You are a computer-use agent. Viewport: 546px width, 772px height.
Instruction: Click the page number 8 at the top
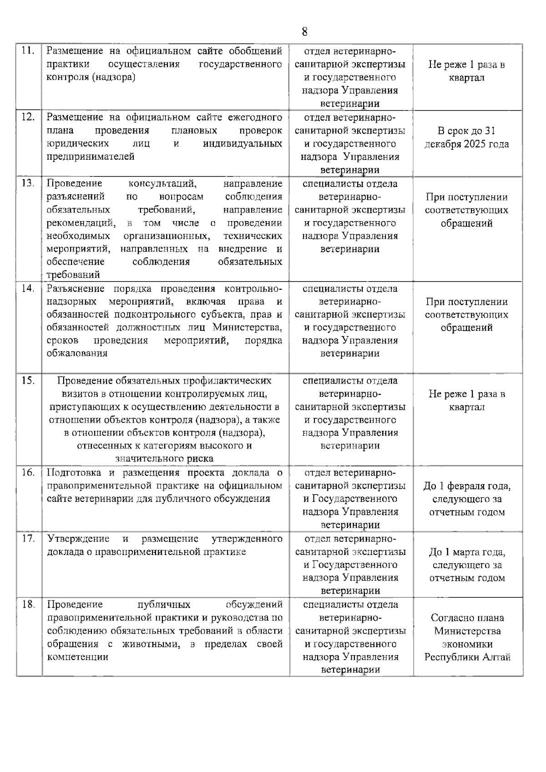click(304, 31)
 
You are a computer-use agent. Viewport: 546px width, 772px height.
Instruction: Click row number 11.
click(28, 51)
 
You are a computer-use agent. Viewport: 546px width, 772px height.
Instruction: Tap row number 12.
click(28, 117)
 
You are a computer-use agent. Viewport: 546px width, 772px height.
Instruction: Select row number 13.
click(28, 183)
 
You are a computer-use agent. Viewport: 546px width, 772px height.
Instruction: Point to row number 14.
click(28, 288)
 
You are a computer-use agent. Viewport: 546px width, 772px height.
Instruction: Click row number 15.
click(28, 380)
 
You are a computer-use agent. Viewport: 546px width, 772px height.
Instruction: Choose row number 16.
click(28, 472)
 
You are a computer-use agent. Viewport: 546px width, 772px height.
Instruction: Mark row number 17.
click(28, 539)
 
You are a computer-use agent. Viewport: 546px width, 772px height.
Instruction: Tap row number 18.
click(28, 605)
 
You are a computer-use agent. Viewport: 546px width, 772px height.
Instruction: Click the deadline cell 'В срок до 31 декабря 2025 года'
click(467, 138)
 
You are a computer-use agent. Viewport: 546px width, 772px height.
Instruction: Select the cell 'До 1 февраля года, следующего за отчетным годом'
click(467, 499)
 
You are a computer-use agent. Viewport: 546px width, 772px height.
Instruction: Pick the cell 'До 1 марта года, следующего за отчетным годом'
click(467, 565)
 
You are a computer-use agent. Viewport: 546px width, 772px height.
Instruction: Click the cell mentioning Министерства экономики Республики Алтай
click(467, 637)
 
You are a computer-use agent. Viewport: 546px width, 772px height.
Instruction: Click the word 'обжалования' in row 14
click(77, 353)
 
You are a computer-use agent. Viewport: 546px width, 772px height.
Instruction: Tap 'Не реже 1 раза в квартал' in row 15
click(467, 400)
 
